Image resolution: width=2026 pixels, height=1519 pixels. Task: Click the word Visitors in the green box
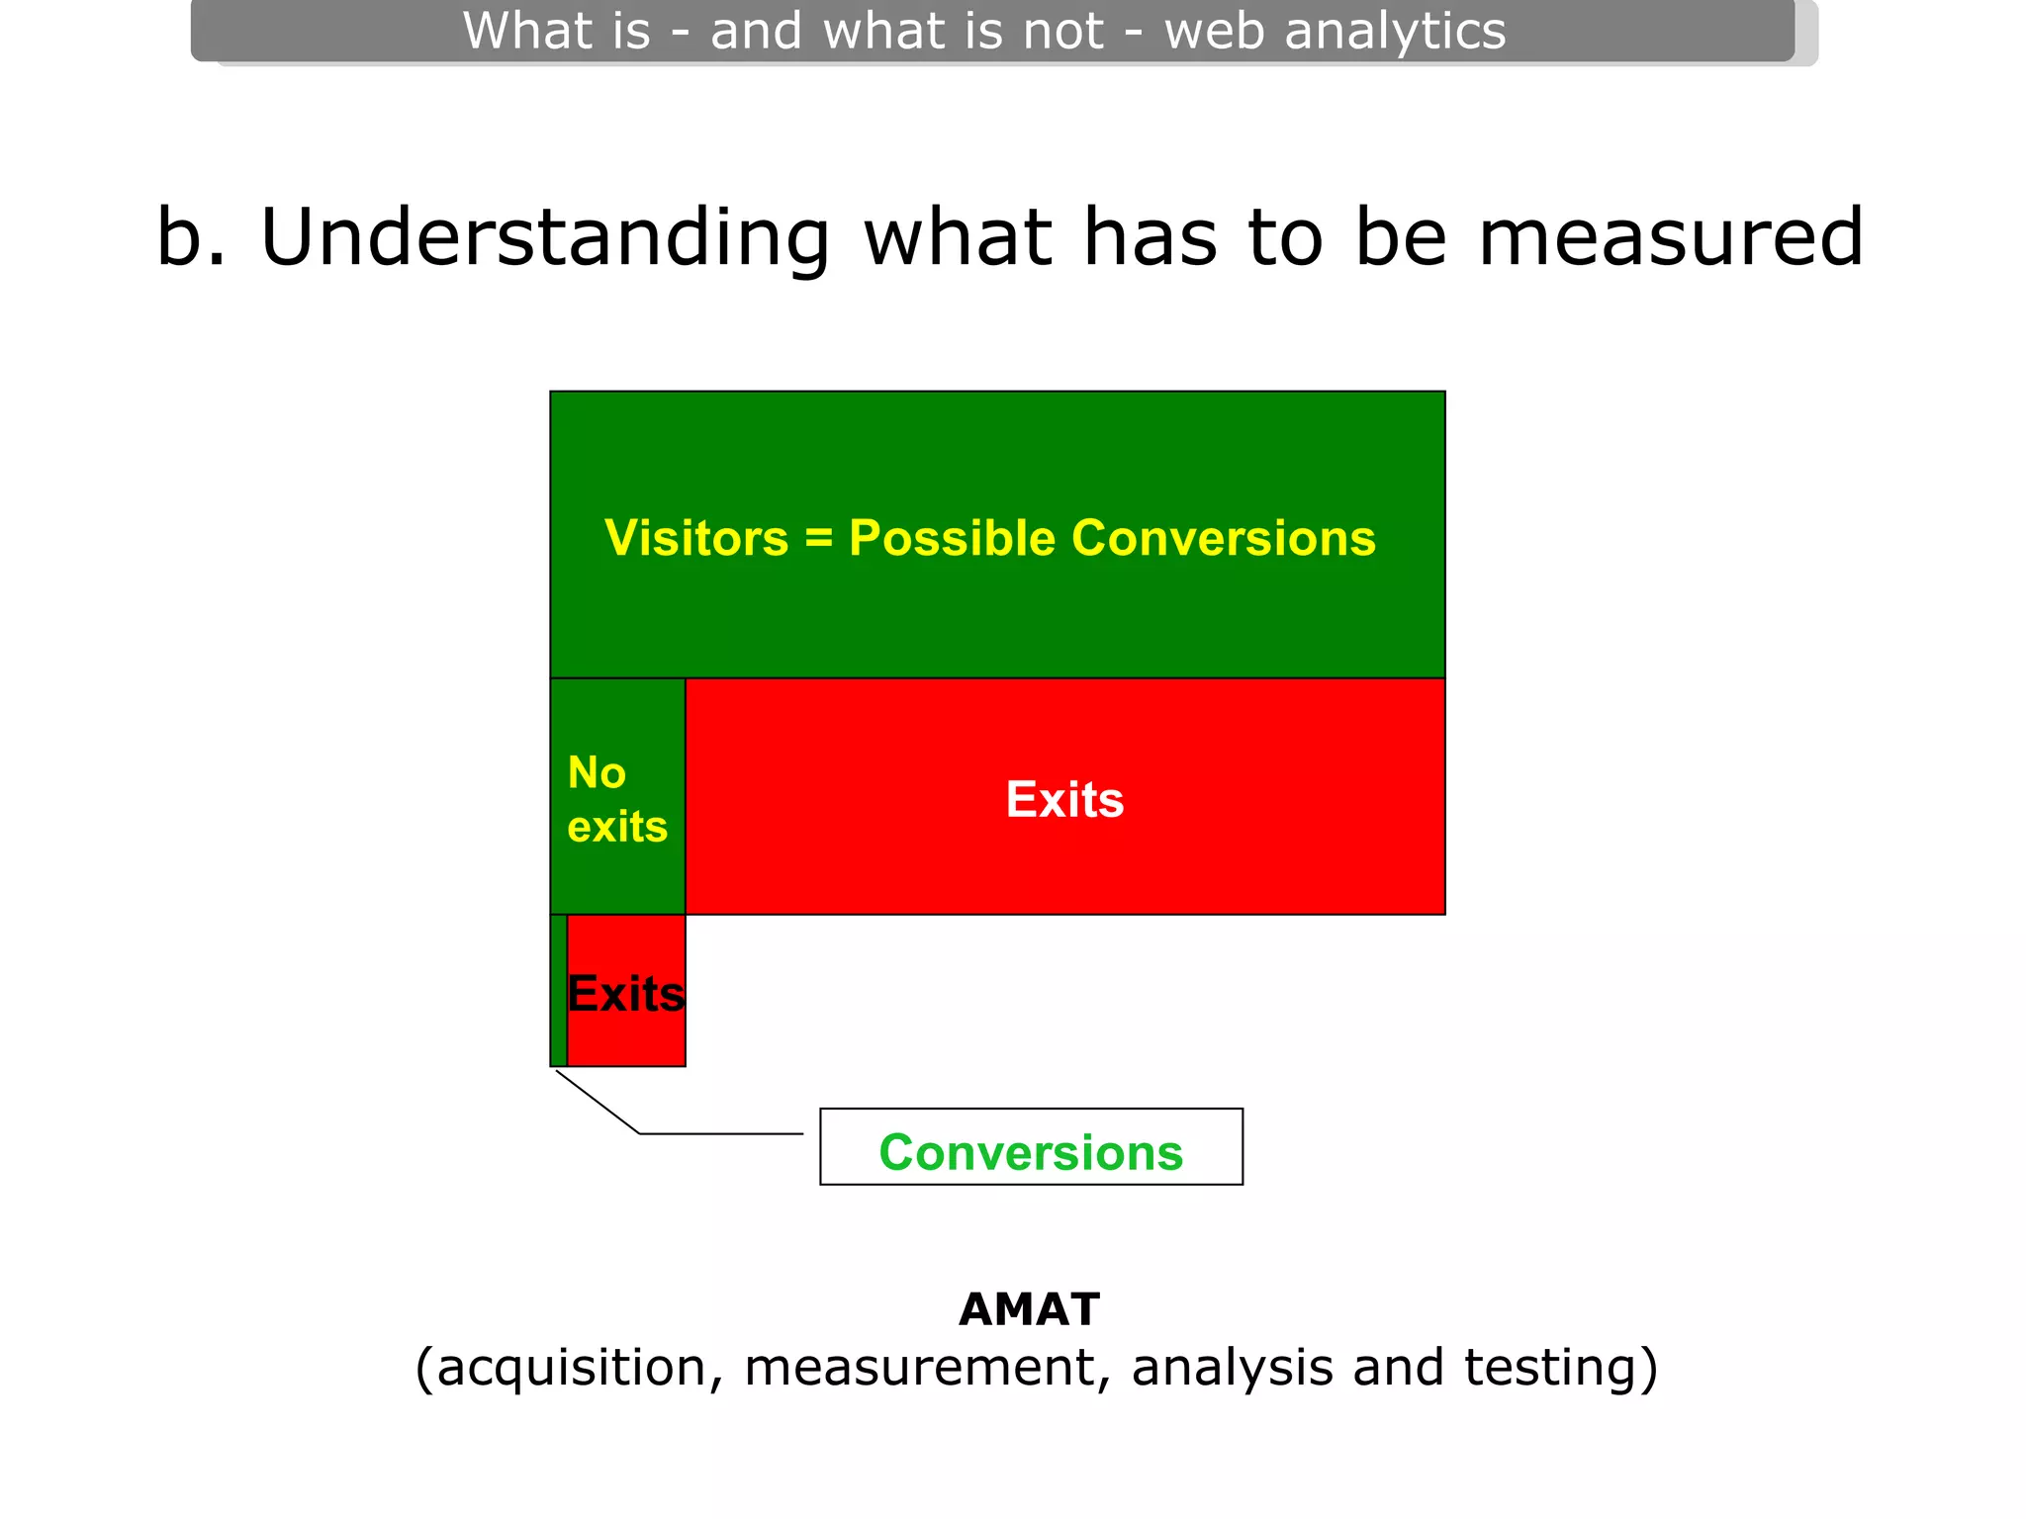696,539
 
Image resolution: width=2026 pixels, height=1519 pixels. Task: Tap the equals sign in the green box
818,539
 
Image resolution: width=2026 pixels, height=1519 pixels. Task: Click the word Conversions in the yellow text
1223,539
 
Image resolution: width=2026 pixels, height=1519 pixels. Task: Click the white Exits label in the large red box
1064,799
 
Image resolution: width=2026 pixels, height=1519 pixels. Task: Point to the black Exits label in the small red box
626,993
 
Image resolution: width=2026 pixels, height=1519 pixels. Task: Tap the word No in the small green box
597,772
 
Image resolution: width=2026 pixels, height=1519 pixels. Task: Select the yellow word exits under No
617,827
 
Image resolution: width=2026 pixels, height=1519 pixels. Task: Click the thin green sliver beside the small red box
559,990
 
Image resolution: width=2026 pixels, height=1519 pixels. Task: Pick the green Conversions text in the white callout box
1031,1152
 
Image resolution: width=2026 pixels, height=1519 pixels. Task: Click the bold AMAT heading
1029,1309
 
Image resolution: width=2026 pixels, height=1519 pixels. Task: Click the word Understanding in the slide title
544,237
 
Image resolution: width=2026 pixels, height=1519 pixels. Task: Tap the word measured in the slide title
1670,237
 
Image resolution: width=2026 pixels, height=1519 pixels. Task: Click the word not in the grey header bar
1062,30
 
